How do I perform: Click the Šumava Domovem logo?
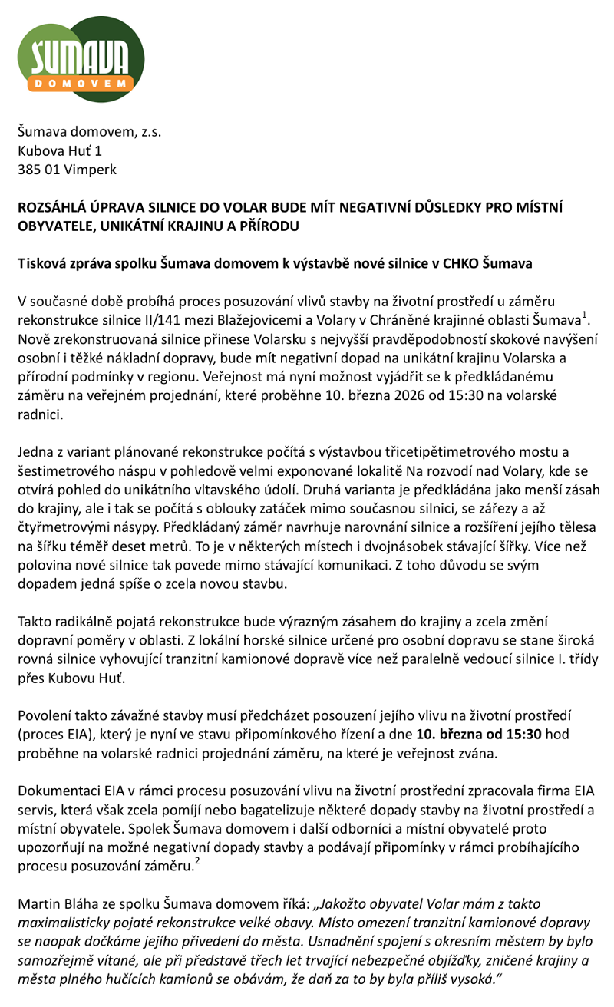coord(81,59)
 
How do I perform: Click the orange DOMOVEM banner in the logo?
coord(81,82)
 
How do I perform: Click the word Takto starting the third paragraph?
coord(35,622)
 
